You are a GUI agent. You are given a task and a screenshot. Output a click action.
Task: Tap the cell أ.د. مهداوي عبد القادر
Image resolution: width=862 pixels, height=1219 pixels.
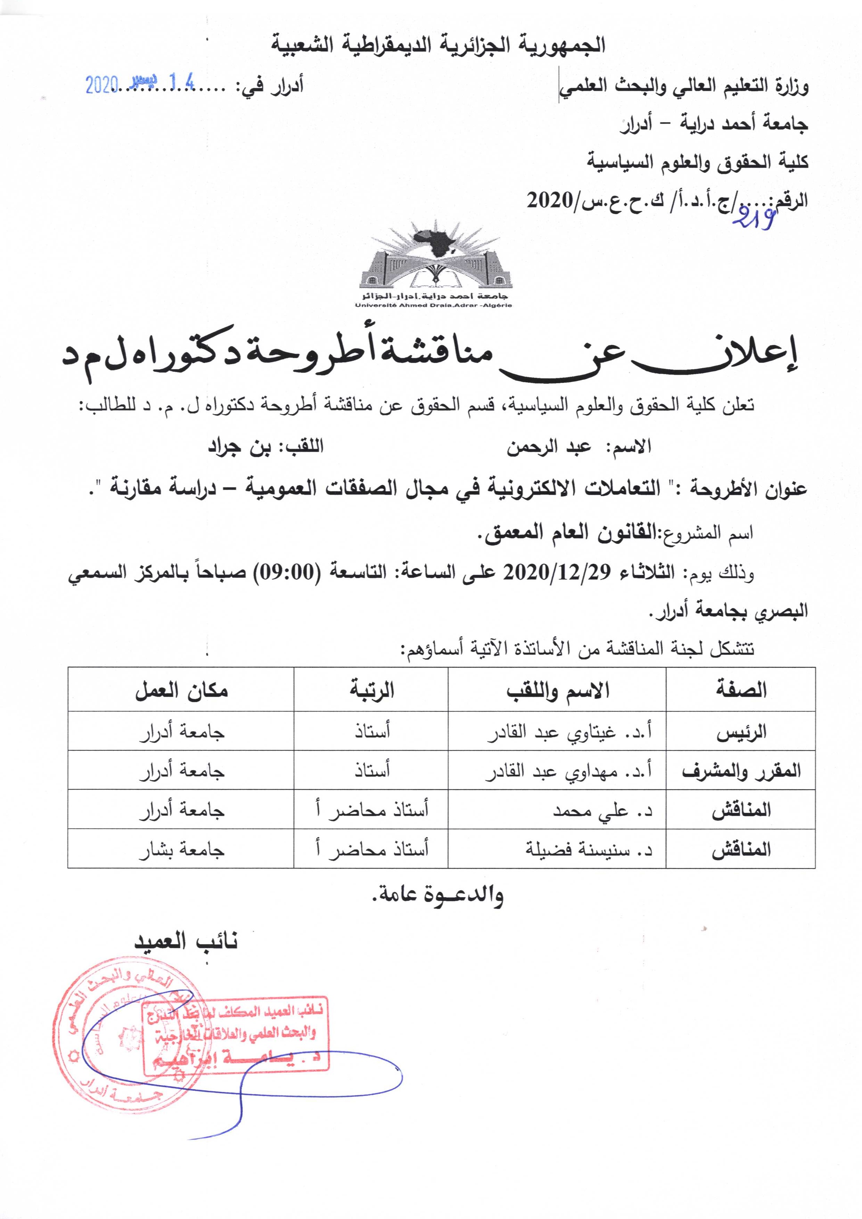[569, 771]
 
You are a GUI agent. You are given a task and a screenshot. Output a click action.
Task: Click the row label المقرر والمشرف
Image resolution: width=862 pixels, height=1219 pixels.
[741, 771]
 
